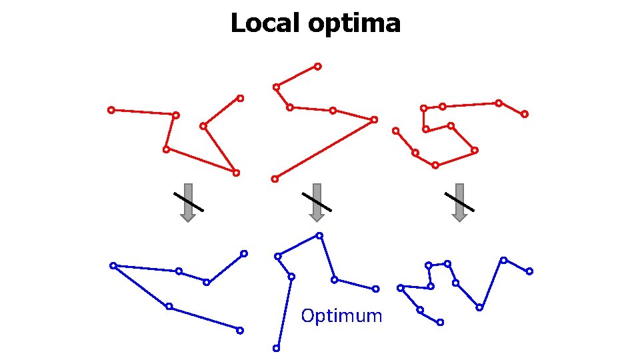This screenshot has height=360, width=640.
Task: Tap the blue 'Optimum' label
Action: coord(341,315)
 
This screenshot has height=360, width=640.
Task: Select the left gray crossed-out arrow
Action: coord(188,201)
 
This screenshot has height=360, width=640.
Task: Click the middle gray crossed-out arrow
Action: coord(317,201)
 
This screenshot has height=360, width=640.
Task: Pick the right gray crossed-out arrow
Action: coord(459,201)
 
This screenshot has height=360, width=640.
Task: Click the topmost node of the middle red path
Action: coord(317,66)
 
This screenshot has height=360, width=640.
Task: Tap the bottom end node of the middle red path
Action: coord(275,179)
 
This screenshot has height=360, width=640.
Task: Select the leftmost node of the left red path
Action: coord(111,110)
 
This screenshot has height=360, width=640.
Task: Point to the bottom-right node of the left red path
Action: coord(236,173)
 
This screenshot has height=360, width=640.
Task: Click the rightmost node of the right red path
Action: coord(525,114)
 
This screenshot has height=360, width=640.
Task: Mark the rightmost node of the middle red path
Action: coord(374,119)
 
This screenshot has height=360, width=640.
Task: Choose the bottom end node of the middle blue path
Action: coord(276,348)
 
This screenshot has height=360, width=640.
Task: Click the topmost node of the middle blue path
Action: coord(319,235)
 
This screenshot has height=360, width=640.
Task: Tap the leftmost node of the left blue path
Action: coord(113,265)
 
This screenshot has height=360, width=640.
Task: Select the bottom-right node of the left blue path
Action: coord(240,330)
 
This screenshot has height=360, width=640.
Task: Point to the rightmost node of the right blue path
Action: coord(529,271)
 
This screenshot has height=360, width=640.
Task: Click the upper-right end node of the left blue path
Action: coord(244,253)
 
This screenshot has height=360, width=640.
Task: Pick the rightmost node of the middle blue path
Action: coord(376,289)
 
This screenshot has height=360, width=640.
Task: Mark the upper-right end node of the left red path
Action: coord(240,98)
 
